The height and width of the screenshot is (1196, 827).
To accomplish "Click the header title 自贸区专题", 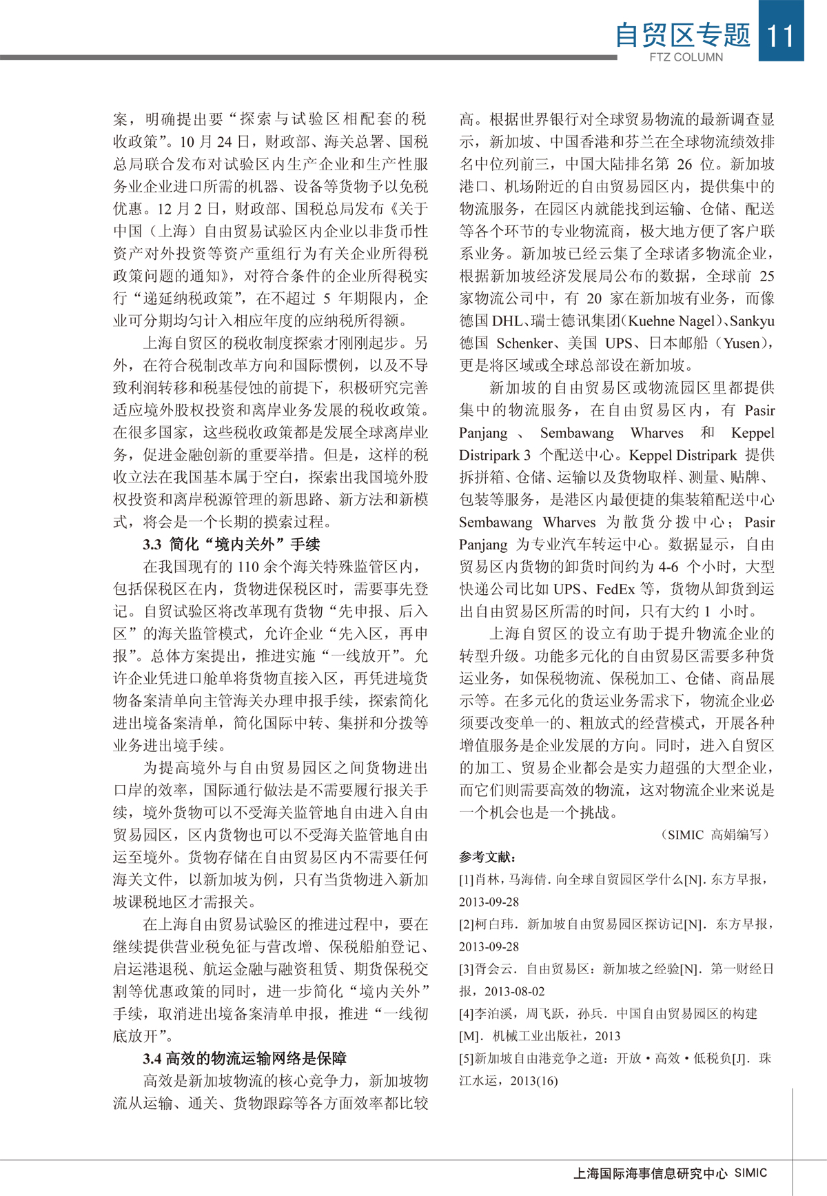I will (682, 34).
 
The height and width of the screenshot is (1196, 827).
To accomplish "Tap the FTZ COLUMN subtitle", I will (686, 57).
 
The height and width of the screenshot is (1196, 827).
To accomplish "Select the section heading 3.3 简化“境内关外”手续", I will (232, 545).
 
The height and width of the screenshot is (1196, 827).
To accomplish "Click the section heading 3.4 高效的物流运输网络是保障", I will (245, 1058).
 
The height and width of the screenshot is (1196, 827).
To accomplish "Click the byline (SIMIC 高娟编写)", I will (716, 835).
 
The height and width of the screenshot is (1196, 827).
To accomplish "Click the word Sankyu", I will (752, 321).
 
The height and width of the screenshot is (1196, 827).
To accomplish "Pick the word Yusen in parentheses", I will (742, 343).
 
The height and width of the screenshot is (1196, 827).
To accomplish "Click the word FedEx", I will (615, 589).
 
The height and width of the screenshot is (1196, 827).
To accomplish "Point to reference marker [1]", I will (467, 880).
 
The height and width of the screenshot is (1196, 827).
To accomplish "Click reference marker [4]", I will (467, 1013).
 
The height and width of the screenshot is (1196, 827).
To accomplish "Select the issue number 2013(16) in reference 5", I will (534, 1081).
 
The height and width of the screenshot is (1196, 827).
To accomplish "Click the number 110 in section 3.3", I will (248, 567).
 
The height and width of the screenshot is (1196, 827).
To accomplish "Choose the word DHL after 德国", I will (507, 321).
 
